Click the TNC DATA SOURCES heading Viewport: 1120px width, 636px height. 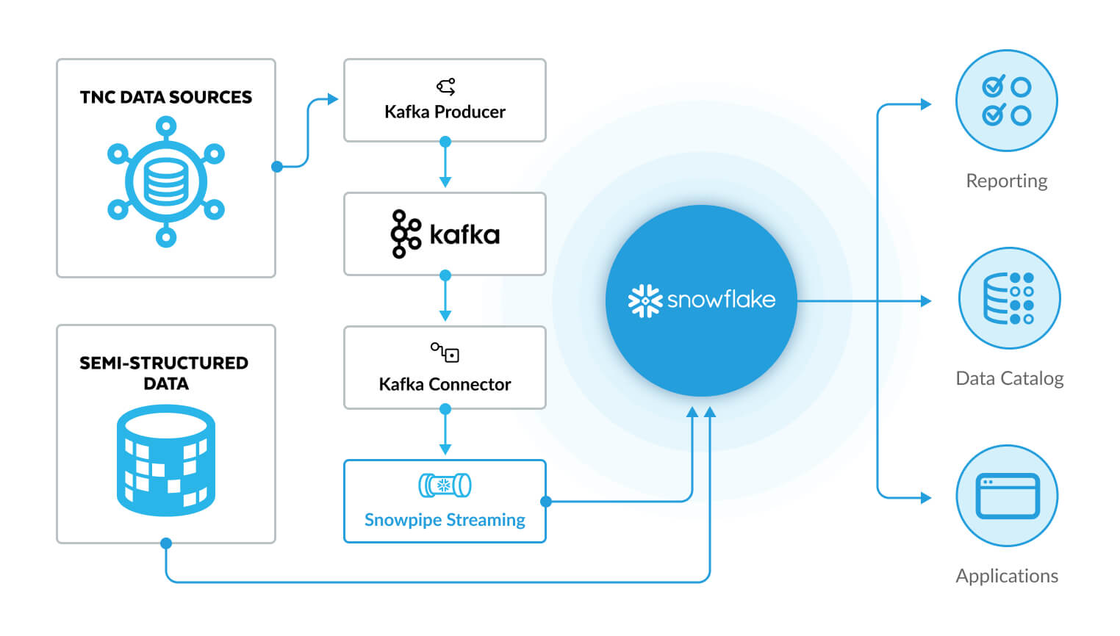click(x=165, y=97)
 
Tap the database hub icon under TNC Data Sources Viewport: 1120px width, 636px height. click(x=166, y=182)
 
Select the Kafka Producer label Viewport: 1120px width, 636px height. click(x=445, y=112)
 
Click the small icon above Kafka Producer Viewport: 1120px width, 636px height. click(x=445, y=87)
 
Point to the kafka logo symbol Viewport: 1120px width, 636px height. click(x=405, y=234)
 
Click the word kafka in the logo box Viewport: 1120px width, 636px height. click(x=464, y=235)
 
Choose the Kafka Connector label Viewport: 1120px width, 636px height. click(x=445, y=384)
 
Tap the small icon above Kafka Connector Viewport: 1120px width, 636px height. click(x=445, y=353)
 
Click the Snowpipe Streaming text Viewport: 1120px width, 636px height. click(x=445, y=520)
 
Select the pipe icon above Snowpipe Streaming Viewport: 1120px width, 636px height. click(x=445, y=485)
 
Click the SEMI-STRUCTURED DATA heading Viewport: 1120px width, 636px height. click(x=165, y=373)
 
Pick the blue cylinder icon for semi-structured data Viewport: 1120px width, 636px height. click(x=166, y=460)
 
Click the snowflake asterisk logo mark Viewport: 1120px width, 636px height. click(x=645, y=300)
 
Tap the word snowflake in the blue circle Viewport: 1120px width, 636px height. click(x=721, y=300)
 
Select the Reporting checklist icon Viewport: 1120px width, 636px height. click(x=1006, y=101)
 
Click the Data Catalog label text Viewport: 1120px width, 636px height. click(x=1009, y=378)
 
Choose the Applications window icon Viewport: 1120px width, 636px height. click(x=1007, y=496)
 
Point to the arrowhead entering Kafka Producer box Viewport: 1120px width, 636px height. click(x=333, y=99)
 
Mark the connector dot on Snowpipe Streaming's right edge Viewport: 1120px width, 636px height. click(x=545, y=502)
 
